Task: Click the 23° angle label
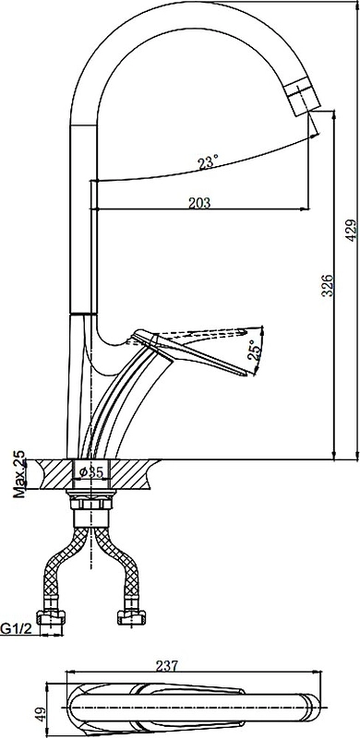click(x=208, y=163)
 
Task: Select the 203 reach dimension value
click(x=199, y=202)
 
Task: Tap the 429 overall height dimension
click(x=350, y=230)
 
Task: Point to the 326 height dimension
click(x=328, y=285)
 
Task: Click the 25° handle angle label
click(x=254, y=350)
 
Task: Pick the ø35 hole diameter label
click(x=90, y=472)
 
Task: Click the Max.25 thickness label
click(x=18, y=474)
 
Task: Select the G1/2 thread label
click(x=16, y=628)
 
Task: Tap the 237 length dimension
click(x=167, y=666)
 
